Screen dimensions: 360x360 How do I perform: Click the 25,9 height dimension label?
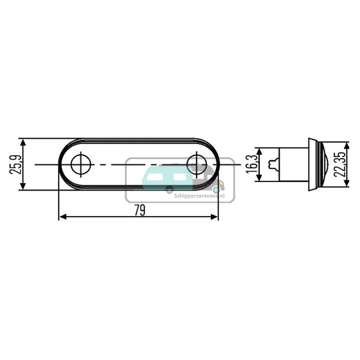click(15, 165)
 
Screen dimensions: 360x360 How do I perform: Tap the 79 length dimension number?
click(140, 210)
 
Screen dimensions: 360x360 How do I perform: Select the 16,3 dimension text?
click(252, 164)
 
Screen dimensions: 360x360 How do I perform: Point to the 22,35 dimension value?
click(339, 164)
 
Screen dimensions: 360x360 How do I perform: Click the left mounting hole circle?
click(81, 165)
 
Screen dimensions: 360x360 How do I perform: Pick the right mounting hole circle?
click(196, 165)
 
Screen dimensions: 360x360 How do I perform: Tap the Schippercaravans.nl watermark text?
click(199, 196)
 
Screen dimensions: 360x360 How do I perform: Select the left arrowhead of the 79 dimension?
click(62, 216)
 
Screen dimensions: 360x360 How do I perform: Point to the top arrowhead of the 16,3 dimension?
click(258, 151)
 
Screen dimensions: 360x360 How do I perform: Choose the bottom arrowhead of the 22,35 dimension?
click(346, 183)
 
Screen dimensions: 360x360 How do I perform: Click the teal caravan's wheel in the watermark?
click(169, 190)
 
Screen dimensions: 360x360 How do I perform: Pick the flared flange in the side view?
click(312, 164)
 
